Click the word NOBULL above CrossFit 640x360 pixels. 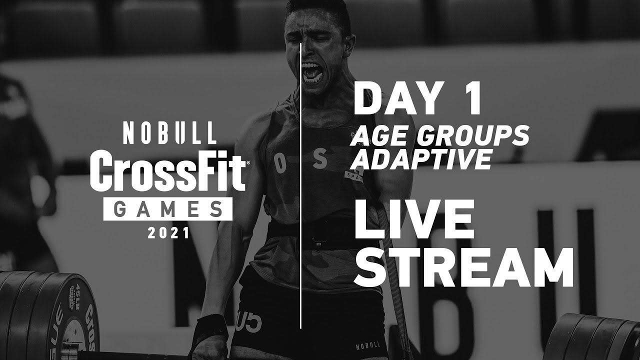pos(169,133)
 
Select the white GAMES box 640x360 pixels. pos(167,209)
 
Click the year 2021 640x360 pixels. pos(168,233)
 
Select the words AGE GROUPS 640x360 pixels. pos(440,136)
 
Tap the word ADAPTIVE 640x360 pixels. pos(420,159)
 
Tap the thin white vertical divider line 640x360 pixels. pos(300,200)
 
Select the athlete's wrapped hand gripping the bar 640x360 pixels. pos(210,337)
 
